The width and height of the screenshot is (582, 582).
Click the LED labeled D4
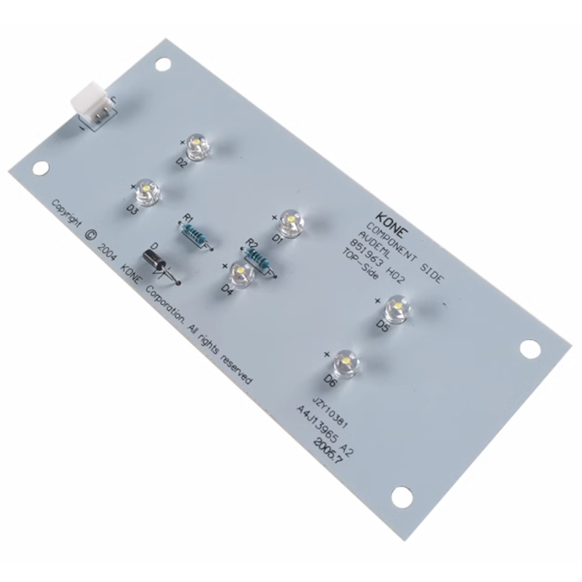(x=242, y=275)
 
